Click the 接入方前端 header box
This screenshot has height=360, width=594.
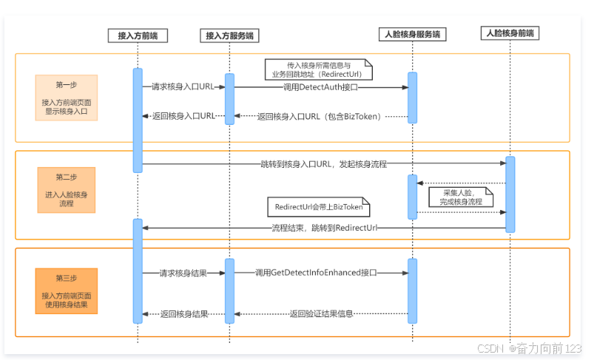click(138, 35)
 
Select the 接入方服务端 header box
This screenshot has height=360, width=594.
click(229, 35)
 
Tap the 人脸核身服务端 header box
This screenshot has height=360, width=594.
click(413, 34)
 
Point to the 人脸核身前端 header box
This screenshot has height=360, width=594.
click(510, 33)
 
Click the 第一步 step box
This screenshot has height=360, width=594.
click(67, 98)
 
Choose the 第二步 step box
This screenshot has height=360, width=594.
click(67, 190)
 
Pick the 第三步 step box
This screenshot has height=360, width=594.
click(67, 291)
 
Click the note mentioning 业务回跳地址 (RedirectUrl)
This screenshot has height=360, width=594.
click(319, 69)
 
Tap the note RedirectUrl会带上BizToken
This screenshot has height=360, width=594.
click(319, 207)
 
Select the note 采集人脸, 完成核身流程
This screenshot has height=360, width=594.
click(461, 197)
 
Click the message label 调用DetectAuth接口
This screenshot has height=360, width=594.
click(320, 87)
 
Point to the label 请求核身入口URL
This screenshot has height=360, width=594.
click(183, 86)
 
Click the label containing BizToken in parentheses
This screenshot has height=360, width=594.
click(319, 117)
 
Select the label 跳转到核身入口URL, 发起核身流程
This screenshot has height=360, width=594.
click(323, 164)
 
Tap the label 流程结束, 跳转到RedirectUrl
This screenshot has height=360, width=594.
click(325, 228)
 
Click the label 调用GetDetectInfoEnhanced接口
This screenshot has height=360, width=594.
click(316, 273)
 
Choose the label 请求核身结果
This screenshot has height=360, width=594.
click(183, 273)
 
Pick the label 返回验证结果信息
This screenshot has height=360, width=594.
click(321, 314)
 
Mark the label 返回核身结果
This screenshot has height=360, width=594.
click(184, 314)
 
